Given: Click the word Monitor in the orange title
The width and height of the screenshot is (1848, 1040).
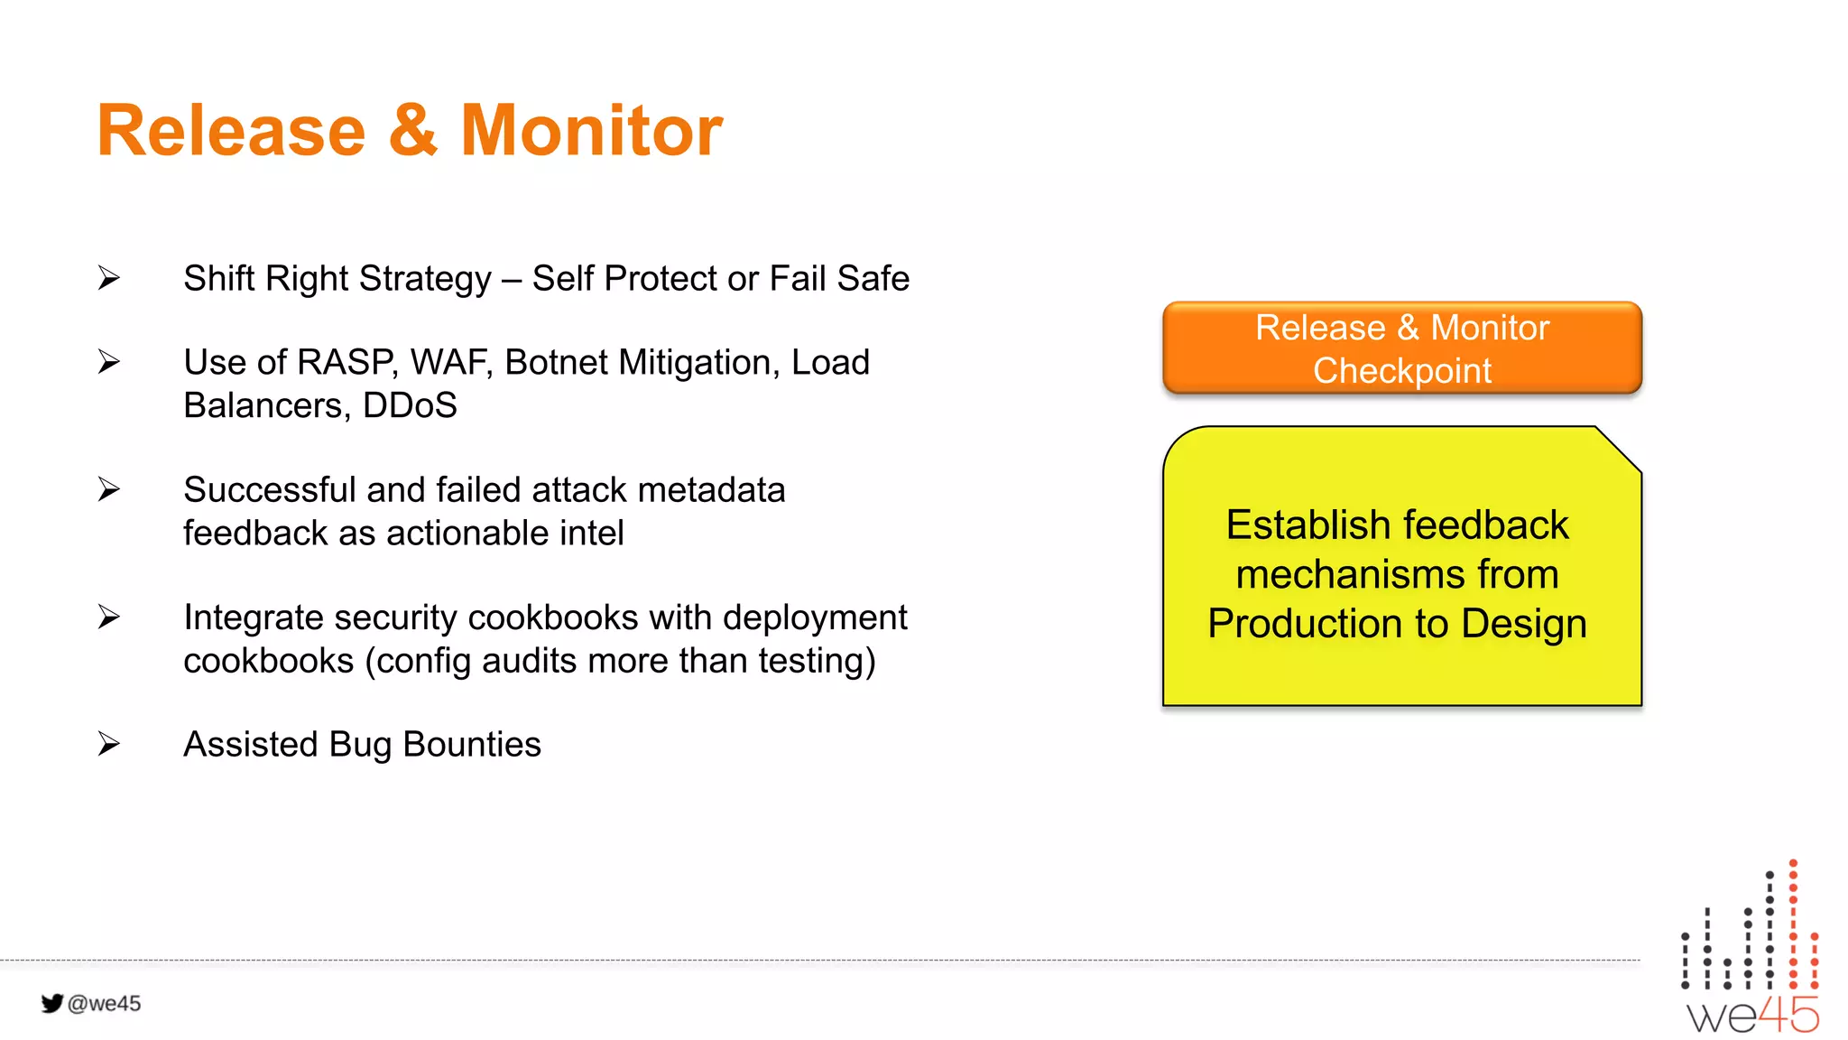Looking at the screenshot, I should [591, 131].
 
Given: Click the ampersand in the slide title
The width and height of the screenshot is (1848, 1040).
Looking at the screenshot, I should [413, 131].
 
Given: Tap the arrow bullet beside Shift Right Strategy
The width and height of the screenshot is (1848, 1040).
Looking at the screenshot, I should [109, 278].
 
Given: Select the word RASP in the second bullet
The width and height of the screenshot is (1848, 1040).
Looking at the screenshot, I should [346, 363].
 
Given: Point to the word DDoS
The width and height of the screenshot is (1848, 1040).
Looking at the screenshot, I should [410, 406].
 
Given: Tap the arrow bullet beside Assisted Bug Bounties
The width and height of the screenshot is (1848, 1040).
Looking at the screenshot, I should [109, 744].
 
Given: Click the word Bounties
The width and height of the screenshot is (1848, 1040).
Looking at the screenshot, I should [471, 745].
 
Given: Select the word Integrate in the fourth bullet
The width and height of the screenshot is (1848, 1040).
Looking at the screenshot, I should [254, 617].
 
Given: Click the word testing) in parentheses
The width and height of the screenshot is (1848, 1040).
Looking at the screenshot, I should [817, 661].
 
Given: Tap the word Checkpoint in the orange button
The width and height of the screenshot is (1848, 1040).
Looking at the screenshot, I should [1401, 371].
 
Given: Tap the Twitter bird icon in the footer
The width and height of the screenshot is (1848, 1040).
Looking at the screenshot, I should [52, 1003].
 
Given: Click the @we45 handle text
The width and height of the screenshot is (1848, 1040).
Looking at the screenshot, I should [105, 1004].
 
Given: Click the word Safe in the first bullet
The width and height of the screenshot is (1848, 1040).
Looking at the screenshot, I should [873, 279].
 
